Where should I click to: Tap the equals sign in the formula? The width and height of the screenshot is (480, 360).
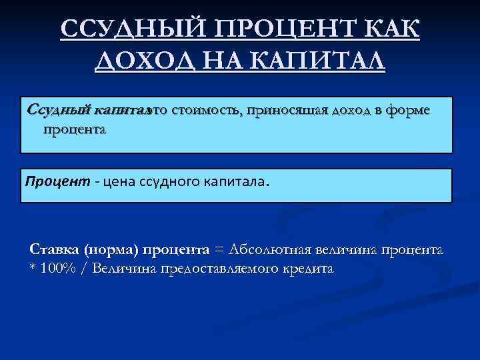(x=218, y=250)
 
